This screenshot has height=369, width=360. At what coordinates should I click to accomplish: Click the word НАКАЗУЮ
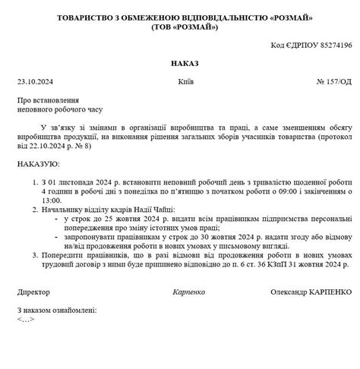37,163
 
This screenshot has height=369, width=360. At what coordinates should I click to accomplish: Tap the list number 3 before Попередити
34,254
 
